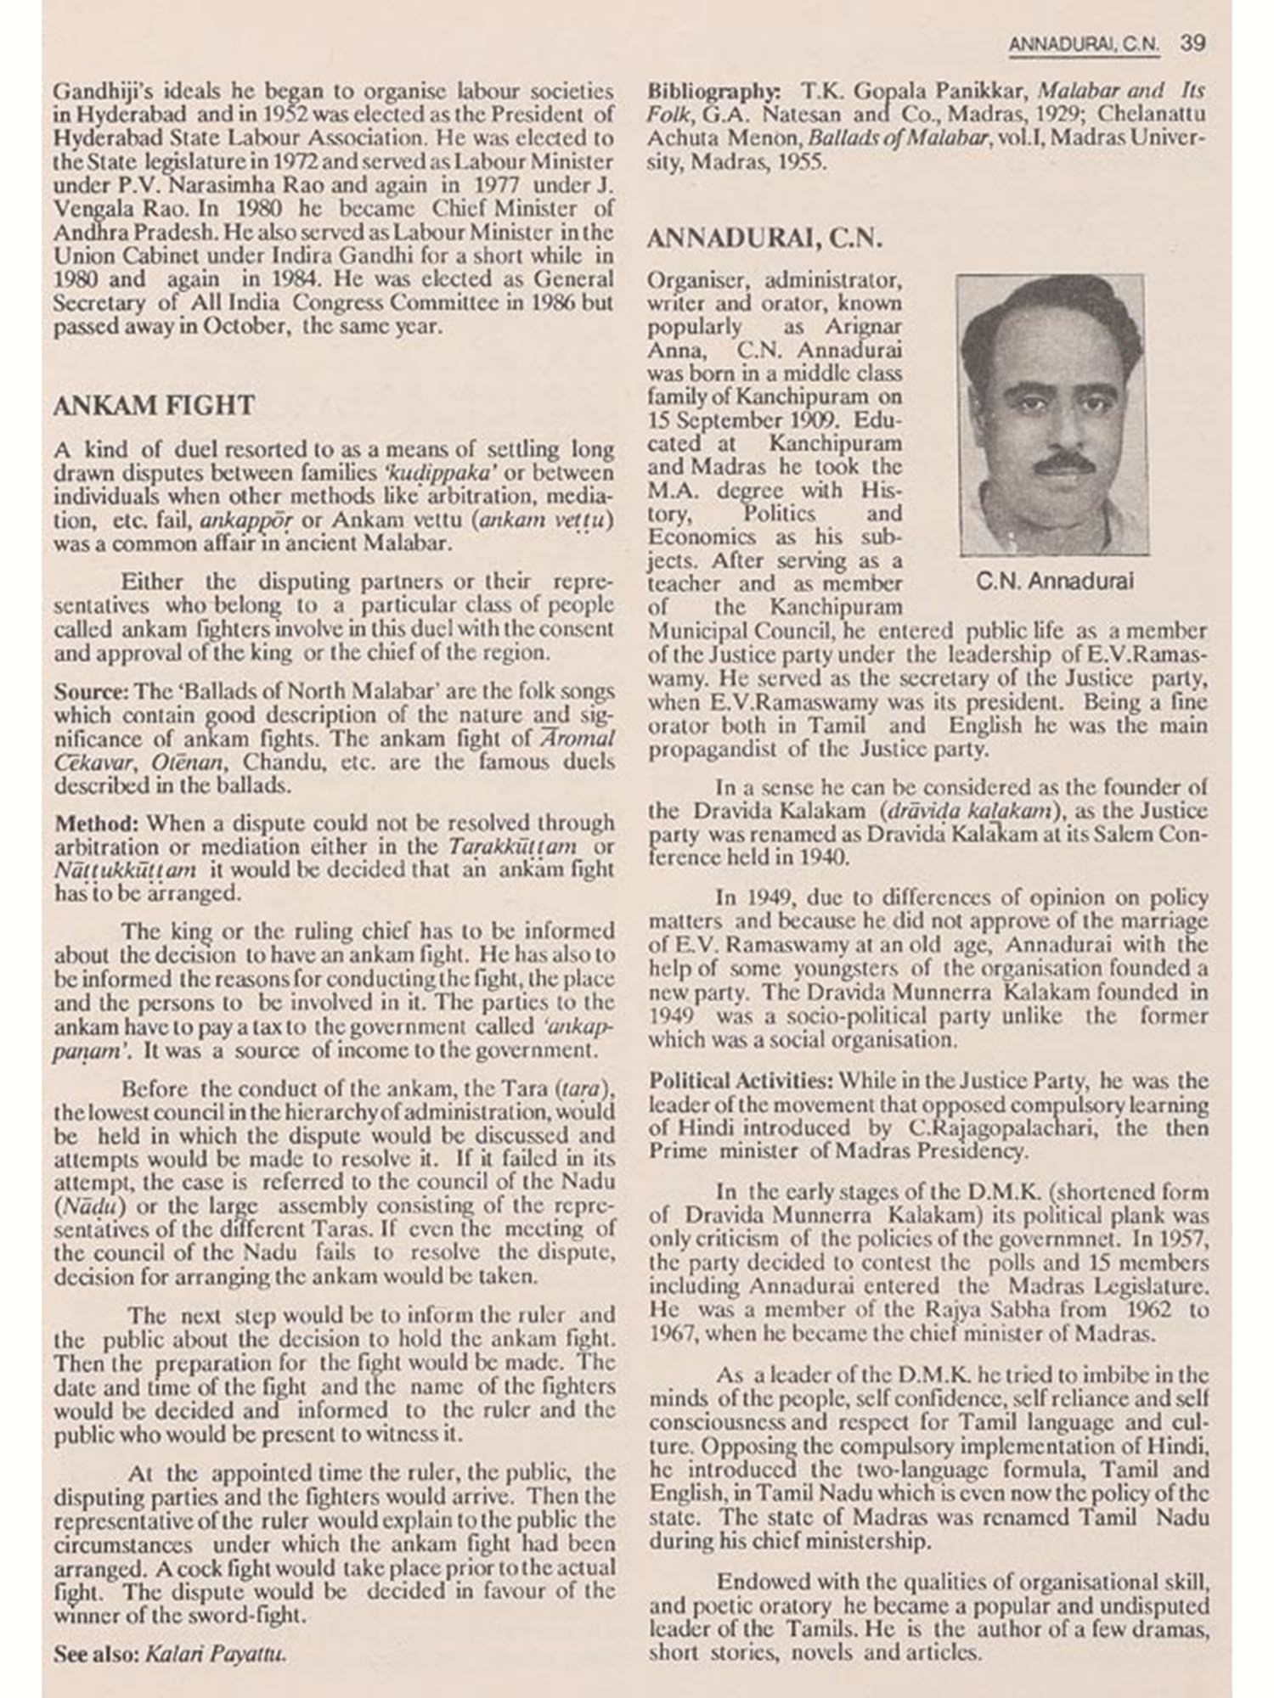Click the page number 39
coord(1193,44)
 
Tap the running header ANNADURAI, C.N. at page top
coord(1084,45)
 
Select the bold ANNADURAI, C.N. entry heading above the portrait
coord(764,239)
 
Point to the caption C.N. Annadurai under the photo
coord(1055,582)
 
